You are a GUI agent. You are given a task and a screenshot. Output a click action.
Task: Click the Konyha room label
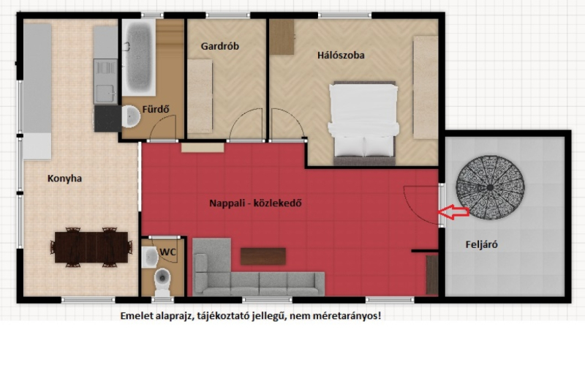(64, 179)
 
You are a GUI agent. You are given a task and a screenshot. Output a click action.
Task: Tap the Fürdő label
(156, 109)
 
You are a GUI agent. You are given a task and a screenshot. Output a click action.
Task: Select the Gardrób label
(220, 46)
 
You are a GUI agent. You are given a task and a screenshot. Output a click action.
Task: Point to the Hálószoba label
(341, 56)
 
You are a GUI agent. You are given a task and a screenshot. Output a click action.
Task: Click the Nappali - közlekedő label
(255, 203)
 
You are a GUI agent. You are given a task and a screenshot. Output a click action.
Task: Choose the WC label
(167, 252)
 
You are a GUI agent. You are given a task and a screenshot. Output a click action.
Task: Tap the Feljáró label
(481, 244)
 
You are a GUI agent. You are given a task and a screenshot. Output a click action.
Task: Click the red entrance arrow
(453, 212)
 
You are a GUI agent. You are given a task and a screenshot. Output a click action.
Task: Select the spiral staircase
(490, 187)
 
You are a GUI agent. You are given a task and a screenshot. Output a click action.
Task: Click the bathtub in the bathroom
(139, 56)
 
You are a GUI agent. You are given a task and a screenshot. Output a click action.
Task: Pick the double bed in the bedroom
(363, 123)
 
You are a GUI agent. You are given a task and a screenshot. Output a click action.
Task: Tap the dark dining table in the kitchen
(91, 247)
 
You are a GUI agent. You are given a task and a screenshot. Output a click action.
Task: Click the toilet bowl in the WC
(162, 279)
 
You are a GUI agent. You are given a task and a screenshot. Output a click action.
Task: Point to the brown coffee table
(263, 256)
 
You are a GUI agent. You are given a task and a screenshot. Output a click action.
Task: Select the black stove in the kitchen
(107, 119)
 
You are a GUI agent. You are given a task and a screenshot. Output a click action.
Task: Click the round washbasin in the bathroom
(131, 116)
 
